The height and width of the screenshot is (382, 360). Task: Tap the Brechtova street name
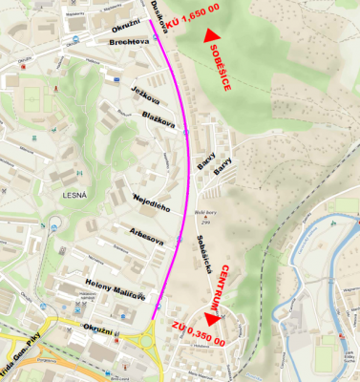[x=130, y=43]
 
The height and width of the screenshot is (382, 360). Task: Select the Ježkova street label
[x=145, y=95]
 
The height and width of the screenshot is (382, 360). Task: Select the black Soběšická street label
[x=202, y=253]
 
